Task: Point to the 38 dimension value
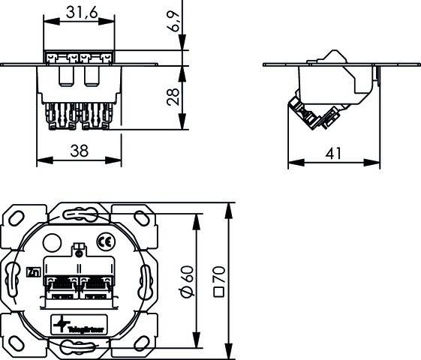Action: [79, 151]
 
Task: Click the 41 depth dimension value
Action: [334, 152]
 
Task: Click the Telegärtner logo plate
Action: [79, 325]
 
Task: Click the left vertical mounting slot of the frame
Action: [12, 280]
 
